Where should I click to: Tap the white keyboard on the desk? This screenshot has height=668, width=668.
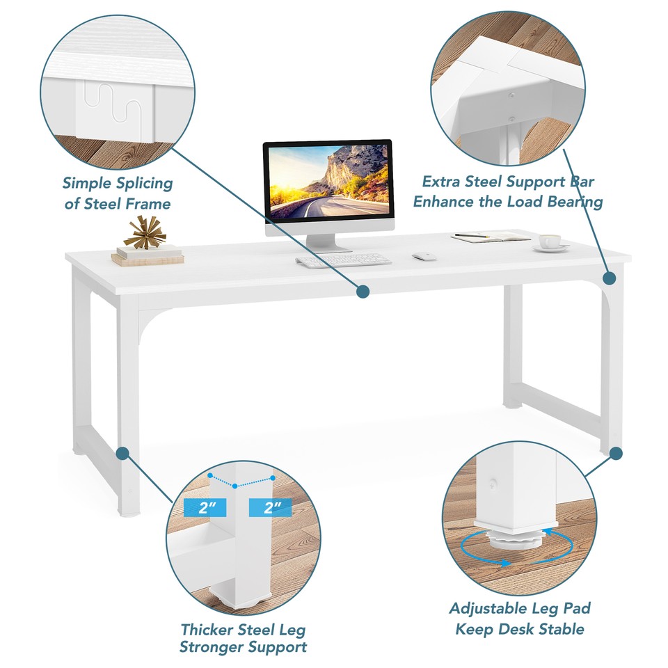pos(343,260)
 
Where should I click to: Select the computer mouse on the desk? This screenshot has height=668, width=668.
pos(423,257)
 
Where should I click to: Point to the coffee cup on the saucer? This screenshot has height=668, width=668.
pos(550,241)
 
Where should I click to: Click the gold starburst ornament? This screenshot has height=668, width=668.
pos(145,232)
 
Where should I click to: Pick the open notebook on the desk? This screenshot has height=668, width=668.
pos(491,237)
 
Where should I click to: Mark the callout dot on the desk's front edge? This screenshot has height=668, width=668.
pos(363,292)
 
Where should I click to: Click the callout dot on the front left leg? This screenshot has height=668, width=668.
pos(123,454)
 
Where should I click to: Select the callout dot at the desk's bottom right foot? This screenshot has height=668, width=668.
pos(616,454)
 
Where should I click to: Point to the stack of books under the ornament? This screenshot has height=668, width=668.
pos(148,255)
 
